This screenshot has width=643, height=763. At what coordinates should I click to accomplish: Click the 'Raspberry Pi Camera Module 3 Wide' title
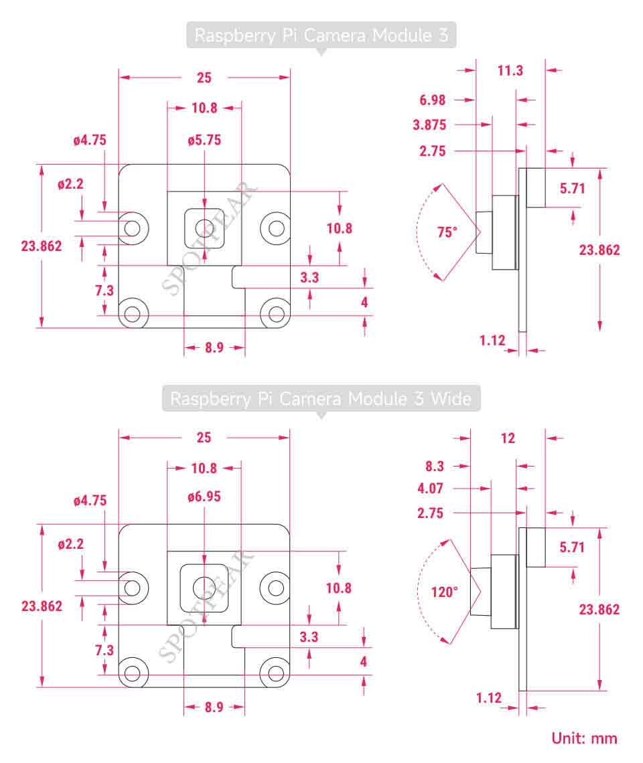click(x=321, y=398)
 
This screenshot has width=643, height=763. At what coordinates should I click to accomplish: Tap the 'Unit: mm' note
click(x=584, y=738)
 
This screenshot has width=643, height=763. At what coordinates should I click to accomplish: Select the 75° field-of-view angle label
click(x=447, y=232)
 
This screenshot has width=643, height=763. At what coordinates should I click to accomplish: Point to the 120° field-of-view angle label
click(x=444, y=592)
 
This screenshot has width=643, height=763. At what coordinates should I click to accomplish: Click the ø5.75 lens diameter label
click(x=204, y=140)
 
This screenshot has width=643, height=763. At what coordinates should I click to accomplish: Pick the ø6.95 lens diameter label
click(x=204, y=497)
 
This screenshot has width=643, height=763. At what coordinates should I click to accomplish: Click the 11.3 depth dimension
click(x=510, y=70)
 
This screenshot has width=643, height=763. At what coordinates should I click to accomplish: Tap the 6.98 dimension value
click(x=432, y=100)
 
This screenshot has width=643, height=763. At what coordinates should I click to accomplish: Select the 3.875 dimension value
click(x=429, y=125)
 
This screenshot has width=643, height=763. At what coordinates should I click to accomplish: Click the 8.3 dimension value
click(x=435, y=467)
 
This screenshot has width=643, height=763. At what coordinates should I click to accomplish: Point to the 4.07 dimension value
click(x=430, y=488)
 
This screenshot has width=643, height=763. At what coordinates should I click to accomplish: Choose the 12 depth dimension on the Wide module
click(x=508, y=438)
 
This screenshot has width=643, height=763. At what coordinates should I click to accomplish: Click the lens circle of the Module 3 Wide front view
click(x=204, y=588)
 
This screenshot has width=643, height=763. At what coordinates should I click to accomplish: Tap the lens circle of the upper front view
click(x=204, y=228)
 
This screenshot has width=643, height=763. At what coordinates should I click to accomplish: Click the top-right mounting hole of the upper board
click(x=276, y=228)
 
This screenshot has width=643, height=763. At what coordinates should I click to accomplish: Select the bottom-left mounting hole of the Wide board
click(x=133, y=673)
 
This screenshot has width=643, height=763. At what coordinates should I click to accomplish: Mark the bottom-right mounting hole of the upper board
click(x=276, y=313)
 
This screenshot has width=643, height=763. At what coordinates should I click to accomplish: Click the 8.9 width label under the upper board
click(x=214, y=347)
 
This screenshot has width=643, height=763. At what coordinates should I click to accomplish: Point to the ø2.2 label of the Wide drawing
click(x=70, y=544)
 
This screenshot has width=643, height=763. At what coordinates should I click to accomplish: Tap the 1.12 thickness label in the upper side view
click(x=492, y=341)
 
